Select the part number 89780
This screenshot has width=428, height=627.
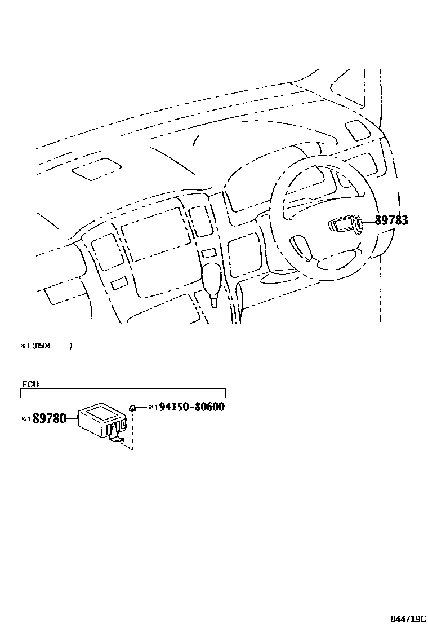(x=49, y=418)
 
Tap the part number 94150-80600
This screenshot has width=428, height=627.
(x=191, y=407)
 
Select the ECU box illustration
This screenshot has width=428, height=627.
(x=100, y=420)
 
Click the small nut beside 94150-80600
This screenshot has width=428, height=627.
(x=131, y=408)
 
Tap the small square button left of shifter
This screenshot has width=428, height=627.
(x=119, y=284)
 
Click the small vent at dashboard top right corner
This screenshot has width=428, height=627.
(x=357, y=130)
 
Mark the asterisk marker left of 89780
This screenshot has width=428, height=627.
(x=25, y=419)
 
